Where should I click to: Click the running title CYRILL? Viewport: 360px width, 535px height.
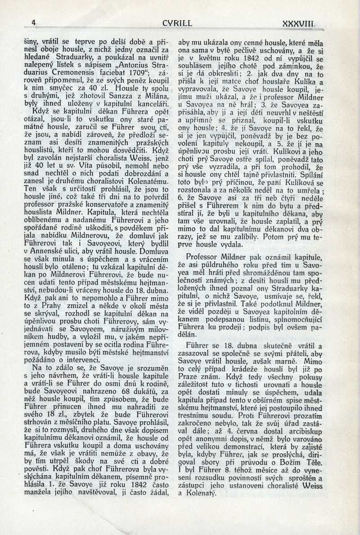(178, 23)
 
